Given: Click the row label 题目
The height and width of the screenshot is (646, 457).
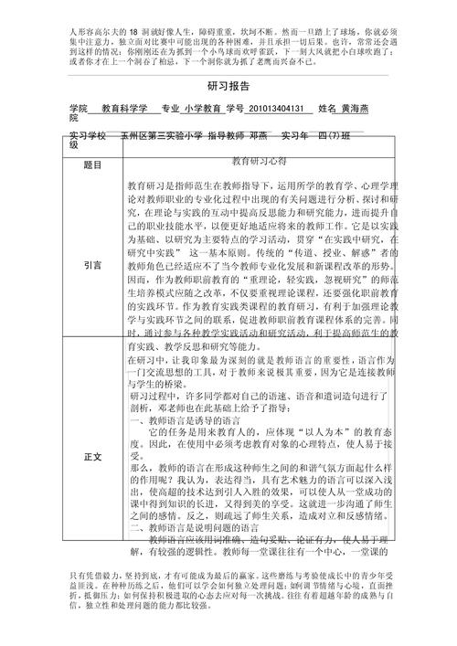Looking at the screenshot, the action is pyautogui.click(x=92, y=165).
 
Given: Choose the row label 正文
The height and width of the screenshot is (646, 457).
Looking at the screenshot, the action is pyautogui.click(x=92, y=455).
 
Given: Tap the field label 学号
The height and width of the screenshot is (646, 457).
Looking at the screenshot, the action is pyautogui.click(x=234, y=108).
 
